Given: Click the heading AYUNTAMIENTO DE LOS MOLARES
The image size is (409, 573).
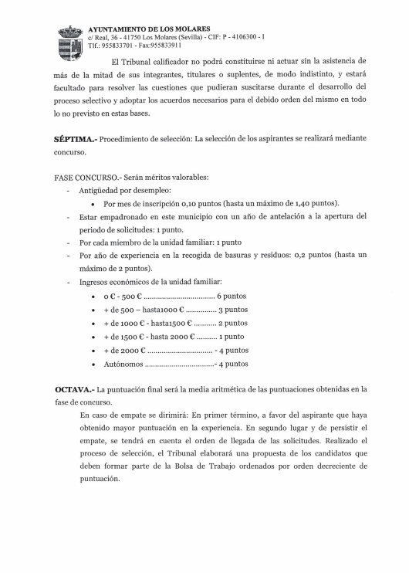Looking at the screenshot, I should coord(144,29).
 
